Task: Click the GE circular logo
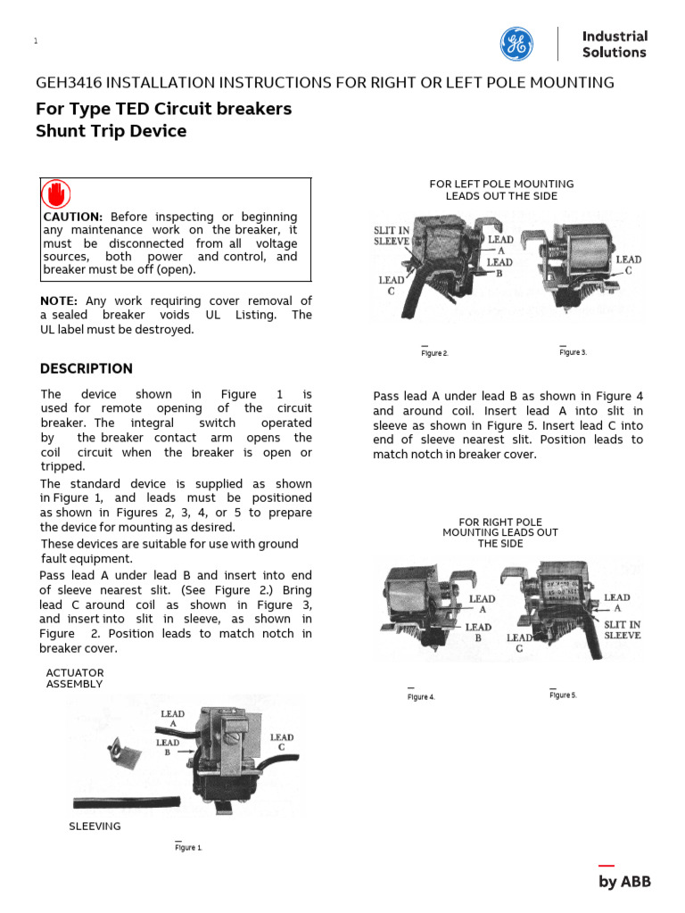[516, 44]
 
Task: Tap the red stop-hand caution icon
[57, 193]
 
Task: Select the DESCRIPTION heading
[87, 368]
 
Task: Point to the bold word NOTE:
[59, 301]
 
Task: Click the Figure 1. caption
[188, 847]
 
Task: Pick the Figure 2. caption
[434, 353]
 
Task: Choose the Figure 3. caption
[573, 352]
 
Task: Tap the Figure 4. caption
[421, 696]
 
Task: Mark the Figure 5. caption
[563, 695]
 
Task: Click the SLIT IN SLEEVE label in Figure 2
[392, 235]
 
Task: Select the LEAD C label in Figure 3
[628, 265]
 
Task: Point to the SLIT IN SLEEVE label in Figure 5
[623, 629]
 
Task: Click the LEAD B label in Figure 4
[478, 632]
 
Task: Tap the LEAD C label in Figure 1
[282, 743]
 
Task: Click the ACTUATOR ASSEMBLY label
[75, 679]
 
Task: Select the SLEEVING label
[95, 827]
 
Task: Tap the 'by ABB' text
[624, 882]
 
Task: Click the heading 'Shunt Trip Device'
[111, 131]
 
